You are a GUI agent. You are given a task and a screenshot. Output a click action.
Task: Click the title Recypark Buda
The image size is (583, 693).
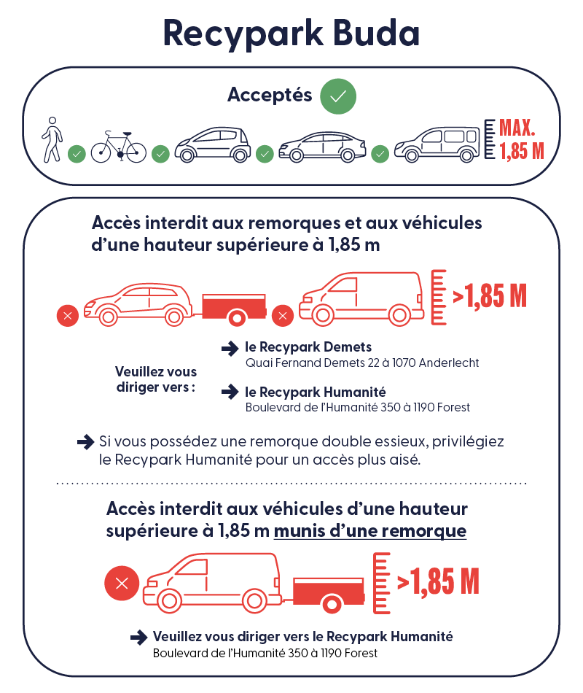point(291,34)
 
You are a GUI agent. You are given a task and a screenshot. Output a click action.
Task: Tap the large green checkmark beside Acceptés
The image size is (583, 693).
point(338,96)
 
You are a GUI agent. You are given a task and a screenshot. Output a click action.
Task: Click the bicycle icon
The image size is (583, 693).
point(118,147)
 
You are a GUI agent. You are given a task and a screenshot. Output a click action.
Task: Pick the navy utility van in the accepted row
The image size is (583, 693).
point(437,143)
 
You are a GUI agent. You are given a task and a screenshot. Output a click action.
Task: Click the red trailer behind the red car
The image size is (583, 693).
point(232,307)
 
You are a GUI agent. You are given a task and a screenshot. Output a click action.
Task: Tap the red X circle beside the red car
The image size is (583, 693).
point(68,316)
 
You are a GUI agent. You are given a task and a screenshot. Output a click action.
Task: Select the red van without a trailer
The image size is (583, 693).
point(361,298)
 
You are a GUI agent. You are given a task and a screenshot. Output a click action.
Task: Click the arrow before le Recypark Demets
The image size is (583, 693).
point(230,348)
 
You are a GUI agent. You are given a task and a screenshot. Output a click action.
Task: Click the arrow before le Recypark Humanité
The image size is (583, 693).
point(230,392)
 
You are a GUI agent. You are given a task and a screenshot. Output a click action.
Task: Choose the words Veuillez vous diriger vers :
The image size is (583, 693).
point(156,379)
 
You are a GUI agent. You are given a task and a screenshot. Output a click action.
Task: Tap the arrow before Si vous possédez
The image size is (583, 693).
point(85,441)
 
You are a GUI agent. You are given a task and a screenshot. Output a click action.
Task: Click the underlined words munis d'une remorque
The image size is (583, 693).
point(370,531)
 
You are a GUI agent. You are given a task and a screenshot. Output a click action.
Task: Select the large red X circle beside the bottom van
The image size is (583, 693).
point(122,583)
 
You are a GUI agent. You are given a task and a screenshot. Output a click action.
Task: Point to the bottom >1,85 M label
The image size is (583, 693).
point(438,581)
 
